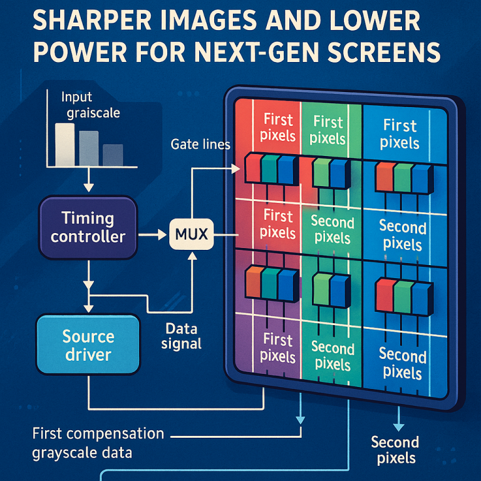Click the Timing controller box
tap(88, 227)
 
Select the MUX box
tap(192, 236)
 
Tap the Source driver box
tap(88, 345)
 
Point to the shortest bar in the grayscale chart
tap(113, 155)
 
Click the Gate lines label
tap(200, 145)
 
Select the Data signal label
tap(182, 335)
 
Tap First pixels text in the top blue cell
tap(400, 133)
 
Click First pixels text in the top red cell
tap(279, 127)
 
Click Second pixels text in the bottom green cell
tap(332, 355)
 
